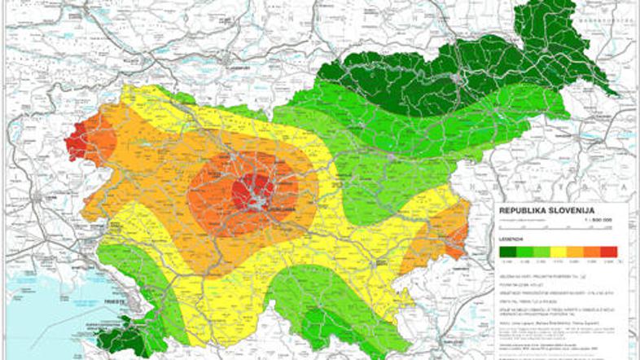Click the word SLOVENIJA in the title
click(580, 210)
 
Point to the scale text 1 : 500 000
click(603, 220)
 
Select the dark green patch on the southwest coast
click(122, 339)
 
